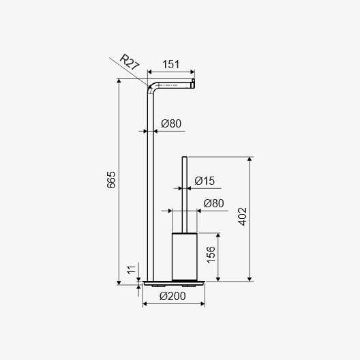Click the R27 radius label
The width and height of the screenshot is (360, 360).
click(x=130, y=62)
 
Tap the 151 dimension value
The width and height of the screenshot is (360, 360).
click(x=171, y=64)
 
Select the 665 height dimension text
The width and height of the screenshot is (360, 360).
click(x=111, y=180)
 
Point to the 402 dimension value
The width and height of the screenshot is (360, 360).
click(x=242, y=217)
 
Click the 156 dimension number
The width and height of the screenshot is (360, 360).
click(x=211, y=254)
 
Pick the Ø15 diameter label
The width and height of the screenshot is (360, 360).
click(x=205, y=181)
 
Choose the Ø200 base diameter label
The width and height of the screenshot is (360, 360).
click(x=172, y=296)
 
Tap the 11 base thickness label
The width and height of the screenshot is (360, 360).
click(x=132, y=270)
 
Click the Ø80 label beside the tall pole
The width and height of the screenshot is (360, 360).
click(x=171, y=123)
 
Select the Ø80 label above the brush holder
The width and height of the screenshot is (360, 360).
click(x=213, y=203)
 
